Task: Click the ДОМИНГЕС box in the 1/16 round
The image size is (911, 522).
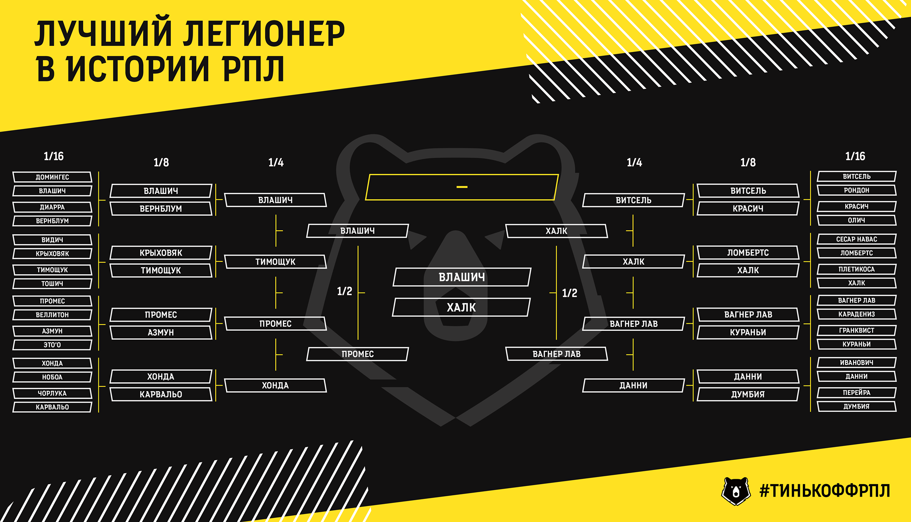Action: click(x=52, y=177)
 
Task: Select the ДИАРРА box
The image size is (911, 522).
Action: click(x=52, y=207)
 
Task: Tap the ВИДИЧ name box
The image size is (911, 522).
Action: click(x=52, y=240)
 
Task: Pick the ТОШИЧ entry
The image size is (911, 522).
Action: click(x=52, y=284)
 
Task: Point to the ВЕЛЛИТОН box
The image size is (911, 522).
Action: click(x=52, y=315)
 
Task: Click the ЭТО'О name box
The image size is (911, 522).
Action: click(x=52, y=345)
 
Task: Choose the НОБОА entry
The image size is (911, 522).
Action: click(x=52, y=377)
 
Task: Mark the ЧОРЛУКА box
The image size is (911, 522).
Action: click(x=52, y=394)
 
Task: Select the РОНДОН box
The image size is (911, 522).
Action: click(x=857, y=190)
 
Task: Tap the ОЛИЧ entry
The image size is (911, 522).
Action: click(x=857, y=221)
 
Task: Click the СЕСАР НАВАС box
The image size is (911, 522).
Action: click(x=857, y=239)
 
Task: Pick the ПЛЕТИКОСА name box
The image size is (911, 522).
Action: click(x=857, y=269)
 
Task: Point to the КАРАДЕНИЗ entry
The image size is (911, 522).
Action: click(x=857, y=314)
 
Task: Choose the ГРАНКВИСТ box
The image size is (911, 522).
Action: click(x=857, y=330)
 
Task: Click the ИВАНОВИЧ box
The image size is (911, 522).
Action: click(x=857, y=363)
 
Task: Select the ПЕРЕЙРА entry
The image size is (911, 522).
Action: click(x=857, y=393)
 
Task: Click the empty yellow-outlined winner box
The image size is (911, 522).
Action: click(x=462, y=175)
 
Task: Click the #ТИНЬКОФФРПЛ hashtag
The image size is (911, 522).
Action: click(x=825, y=491)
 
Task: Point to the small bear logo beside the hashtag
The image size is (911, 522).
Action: click(x=736, y=491)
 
